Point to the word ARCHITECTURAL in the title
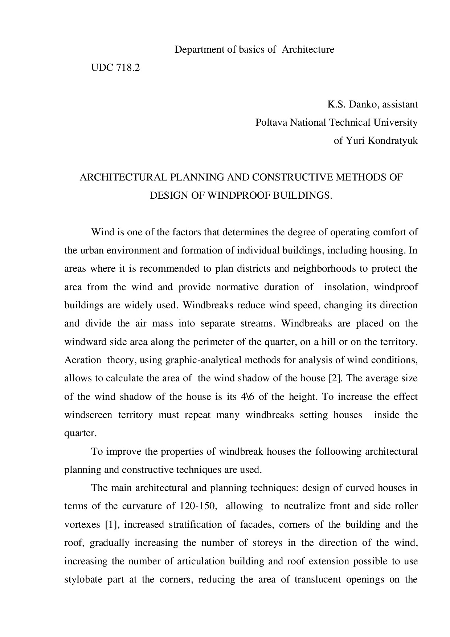tap(123, 178)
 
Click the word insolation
tap(345, 287)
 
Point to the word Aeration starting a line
tap(83, 360)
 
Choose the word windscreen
tap(88, 415)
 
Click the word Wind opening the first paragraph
tap(103, 232)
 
